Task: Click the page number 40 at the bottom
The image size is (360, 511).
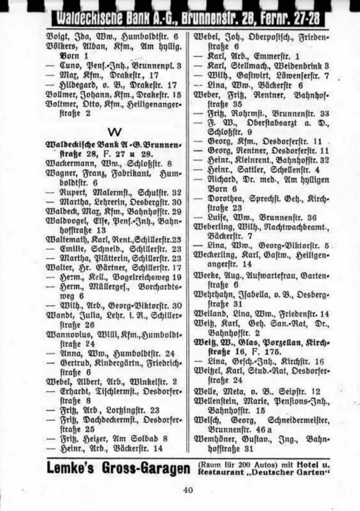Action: (x=188, y=490)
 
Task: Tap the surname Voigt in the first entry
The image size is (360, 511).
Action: (x=57, y=36)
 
